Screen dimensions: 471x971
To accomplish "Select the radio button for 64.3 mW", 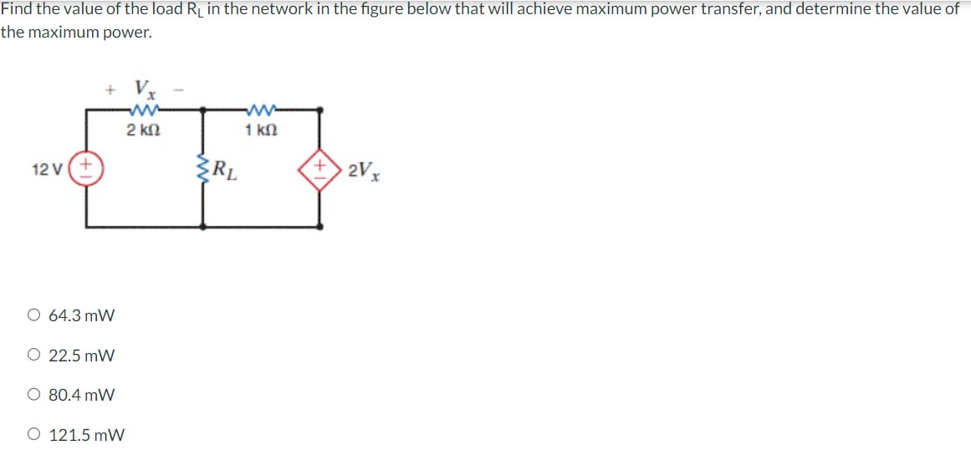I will tap(33, 316).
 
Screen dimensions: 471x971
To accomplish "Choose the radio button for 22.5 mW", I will tap(33, 356).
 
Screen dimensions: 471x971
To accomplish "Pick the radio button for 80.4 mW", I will tap(33, 395).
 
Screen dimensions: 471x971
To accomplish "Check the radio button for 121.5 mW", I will tap(33, 435).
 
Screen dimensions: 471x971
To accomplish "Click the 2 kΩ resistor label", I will tap(143, 130).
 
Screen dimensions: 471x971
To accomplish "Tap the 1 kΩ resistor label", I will tap(261, 130).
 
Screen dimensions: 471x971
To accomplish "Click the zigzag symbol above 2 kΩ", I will tap(143, 110).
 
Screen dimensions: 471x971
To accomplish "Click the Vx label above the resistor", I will tap(144, 88).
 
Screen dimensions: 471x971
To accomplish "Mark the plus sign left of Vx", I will tap(110, 87).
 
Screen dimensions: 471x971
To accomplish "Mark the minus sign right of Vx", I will tap(178, 87).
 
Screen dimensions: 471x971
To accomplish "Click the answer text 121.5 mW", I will tap(87, 435).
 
